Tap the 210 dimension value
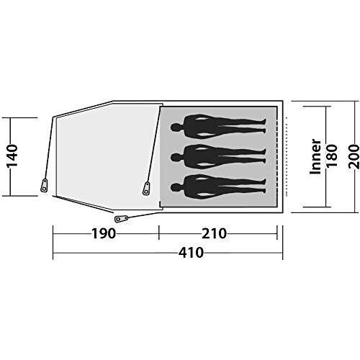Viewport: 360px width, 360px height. (215, 233)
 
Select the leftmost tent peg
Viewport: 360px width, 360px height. (45, 185)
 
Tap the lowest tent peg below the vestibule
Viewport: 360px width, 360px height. (120, 217)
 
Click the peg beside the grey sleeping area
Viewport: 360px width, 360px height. (147, 189)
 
